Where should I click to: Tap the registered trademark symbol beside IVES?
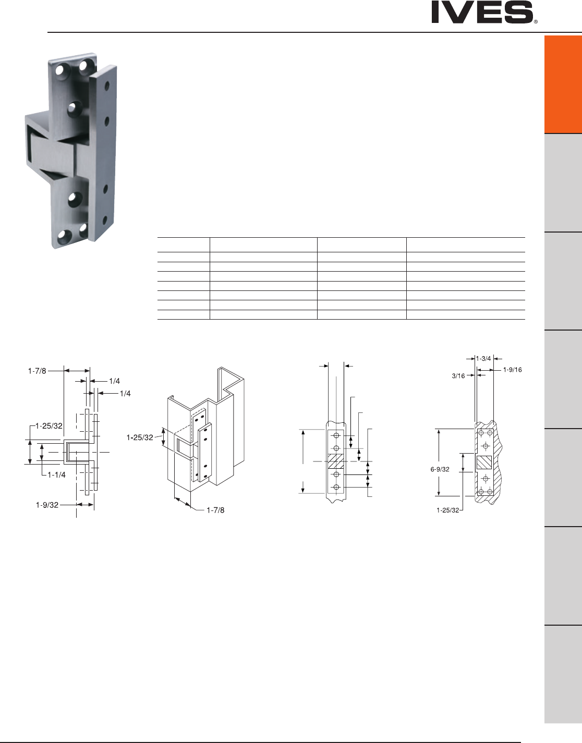coord(536,21)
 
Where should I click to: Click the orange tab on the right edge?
coord(563,84)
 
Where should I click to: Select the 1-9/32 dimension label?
coord(47,505)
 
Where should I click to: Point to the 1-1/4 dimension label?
coord(57,474)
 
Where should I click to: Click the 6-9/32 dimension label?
coord(440,469)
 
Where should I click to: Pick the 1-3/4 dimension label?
coord(483,358)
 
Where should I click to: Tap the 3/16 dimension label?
coord(458,376)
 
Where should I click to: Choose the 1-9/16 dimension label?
coord(513,370)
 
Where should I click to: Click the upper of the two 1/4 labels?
coord(115,381)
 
